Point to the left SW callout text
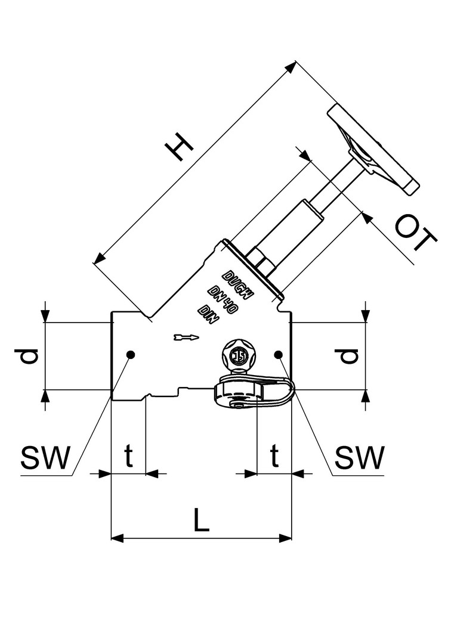[45, 458]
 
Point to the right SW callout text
[359, 458]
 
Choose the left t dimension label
[128, 457]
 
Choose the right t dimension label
[274, 457]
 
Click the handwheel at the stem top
[371, 149]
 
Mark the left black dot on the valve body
[131, 355]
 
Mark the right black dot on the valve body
[278, 355]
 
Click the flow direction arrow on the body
[184, 338]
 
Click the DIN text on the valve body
[209, 314]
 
